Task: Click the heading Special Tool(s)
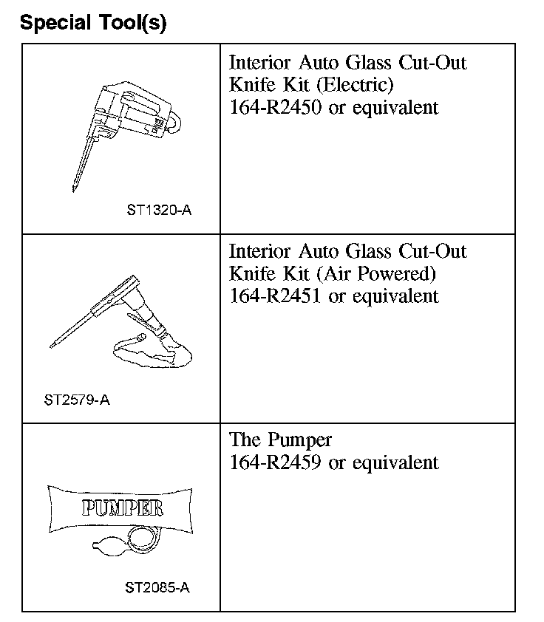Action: [93, 23]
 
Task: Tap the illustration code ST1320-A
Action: [159, 210]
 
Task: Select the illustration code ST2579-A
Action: [77, 400]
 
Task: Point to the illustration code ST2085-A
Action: [157, 588]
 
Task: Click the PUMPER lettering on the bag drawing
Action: [122, 509]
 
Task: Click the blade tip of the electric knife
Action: [75, 188]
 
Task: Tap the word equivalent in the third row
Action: [395, 462]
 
